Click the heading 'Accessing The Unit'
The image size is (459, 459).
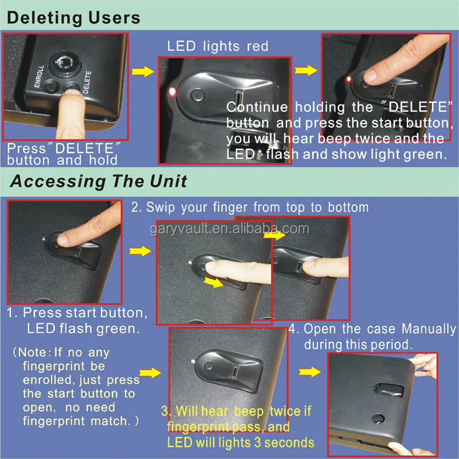coord(99,182)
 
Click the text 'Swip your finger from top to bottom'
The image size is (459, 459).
coord(250,207)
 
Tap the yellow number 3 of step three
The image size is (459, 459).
coord(165,411)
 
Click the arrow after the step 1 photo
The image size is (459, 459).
coord(137,251)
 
